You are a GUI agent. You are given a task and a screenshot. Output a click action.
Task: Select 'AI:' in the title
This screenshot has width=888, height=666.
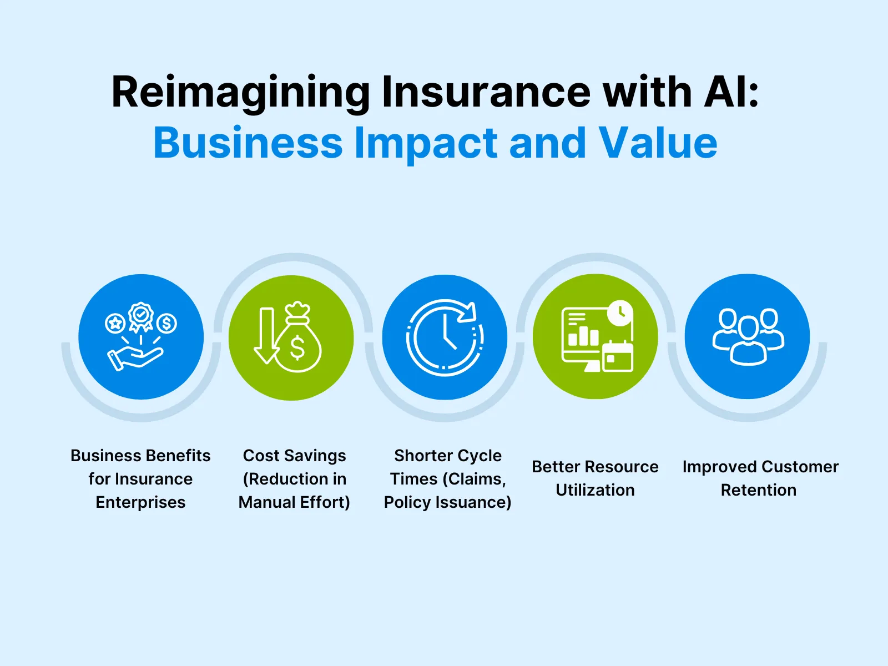[x=731, y=92]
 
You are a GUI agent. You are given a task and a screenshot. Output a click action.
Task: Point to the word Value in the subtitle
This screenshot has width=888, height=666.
[x=658, y=143]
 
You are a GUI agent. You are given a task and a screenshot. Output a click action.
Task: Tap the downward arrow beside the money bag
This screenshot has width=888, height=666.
[x=266, y=335]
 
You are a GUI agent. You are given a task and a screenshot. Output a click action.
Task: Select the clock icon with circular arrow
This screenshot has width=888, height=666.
[x=445, y=337]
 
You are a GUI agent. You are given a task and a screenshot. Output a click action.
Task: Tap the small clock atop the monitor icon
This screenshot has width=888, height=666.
[x=620, y=312]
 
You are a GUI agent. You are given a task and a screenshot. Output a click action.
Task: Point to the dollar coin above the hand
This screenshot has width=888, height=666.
[x=167, y=323]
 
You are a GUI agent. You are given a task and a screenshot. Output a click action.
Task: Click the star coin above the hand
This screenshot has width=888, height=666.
[x=115, y=323]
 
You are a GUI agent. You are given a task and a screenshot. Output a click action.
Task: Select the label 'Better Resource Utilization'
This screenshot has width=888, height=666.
[x=595, y=478]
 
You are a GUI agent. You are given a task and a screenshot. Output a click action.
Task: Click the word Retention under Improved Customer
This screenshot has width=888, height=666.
[x=759, y=490]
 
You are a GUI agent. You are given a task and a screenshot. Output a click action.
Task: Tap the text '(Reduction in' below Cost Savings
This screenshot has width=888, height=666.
[x=295, y=479]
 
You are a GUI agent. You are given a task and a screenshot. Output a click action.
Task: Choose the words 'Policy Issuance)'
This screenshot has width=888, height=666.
[x=447, y=502]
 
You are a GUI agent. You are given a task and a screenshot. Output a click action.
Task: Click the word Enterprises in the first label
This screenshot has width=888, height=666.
[x=140, y=503]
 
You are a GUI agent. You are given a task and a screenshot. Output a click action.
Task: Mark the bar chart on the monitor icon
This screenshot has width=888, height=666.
[x=583, y=336]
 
